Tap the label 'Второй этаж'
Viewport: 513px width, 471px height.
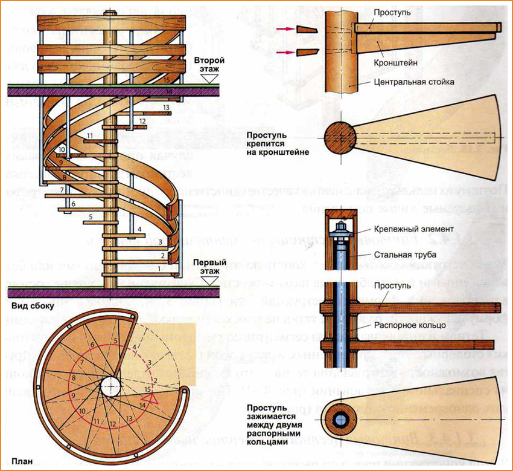coord(209,66)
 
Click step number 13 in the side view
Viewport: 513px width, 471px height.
coord(166,107)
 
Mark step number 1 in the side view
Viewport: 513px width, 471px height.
coord(159,267)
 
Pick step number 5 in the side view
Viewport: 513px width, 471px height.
coord(91,216)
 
